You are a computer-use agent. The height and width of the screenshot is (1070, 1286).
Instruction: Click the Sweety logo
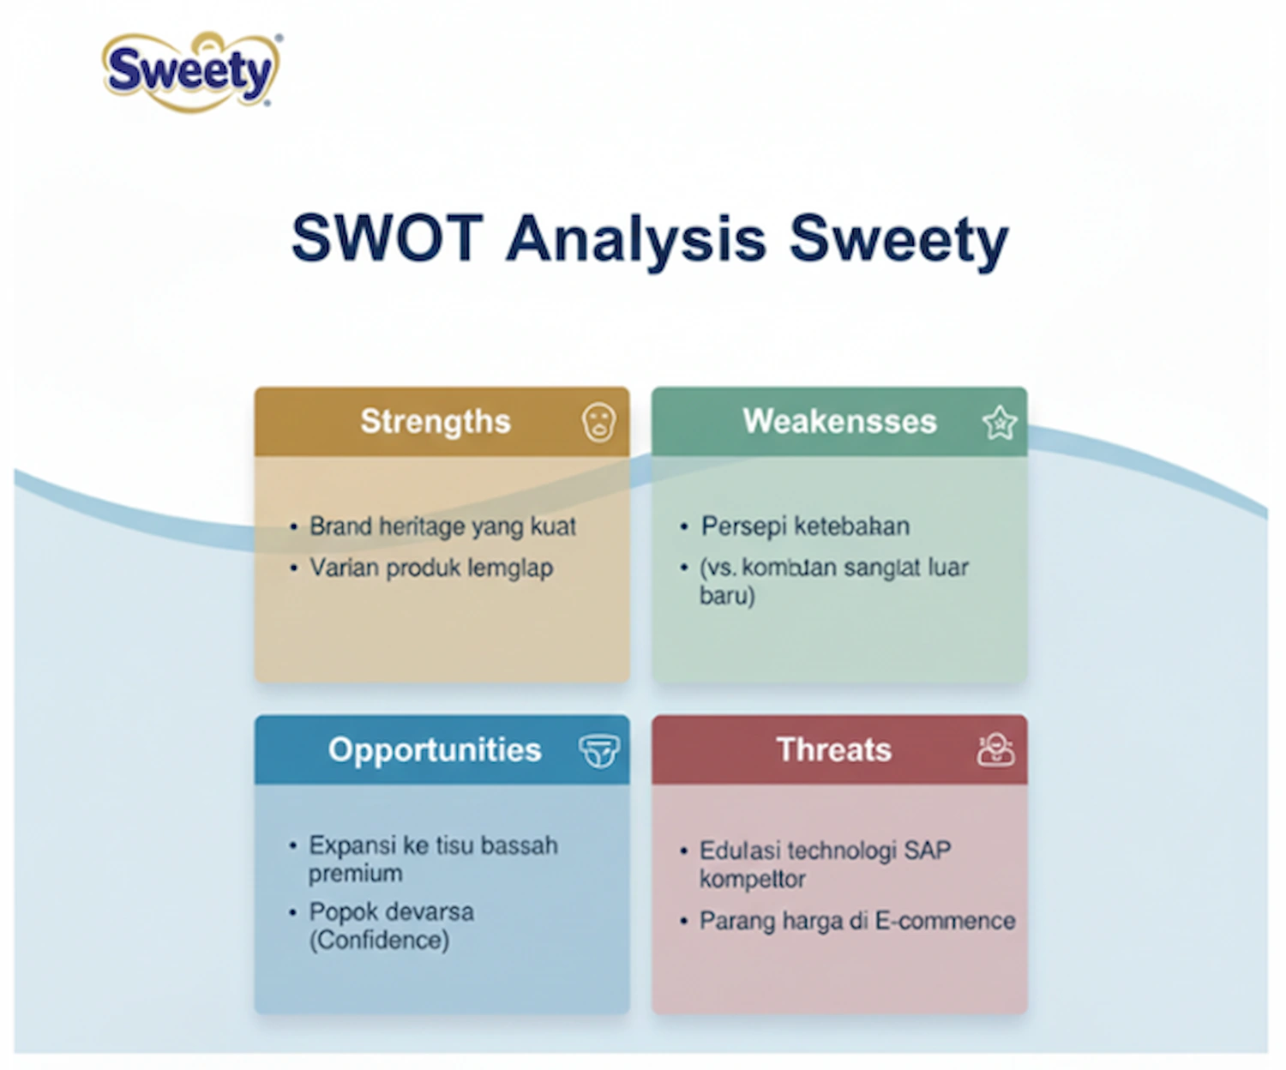click(x=190, y=71)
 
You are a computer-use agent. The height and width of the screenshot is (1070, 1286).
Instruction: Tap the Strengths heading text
click(x=435, y=422)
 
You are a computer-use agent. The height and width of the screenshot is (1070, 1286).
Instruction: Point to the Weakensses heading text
click(x=839, y=422)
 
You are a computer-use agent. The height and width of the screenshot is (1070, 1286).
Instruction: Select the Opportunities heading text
click(x=434, y=750)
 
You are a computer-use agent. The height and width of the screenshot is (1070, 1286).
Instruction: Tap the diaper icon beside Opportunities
click(x=598, y=751)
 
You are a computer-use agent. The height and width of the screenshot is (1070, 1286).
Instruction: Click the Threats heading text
click(x=833, y=750)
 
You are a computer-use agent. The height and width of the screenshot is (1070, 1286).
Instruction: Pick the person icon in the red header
click(x=995, y=750)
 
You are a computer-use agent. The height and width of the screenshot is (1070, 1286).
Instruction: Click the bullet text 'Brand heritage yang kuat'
click(x=442, y=526)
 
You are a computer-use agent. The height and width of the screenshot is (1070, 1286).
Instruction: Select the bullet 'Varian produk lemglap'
click(x=431, y=568)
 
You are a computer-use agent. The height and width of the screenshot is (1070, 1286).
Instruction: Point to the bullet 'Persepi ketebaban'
click(x=805, y=526)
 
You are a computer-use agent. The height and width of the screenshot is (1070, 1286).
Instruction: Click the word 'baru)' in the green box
click(x=727, y=596)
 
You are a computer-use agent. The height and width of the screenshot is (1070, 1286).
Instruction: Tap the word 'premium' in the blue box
click(x=355, y=875)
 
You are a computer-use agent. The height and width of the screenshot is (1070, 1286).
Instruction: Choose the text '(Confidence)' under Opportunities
click(x=379, y=941)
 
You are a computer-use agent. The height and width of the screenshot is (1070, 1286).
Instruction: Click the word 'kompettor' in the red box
click(x=752, y=880)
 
